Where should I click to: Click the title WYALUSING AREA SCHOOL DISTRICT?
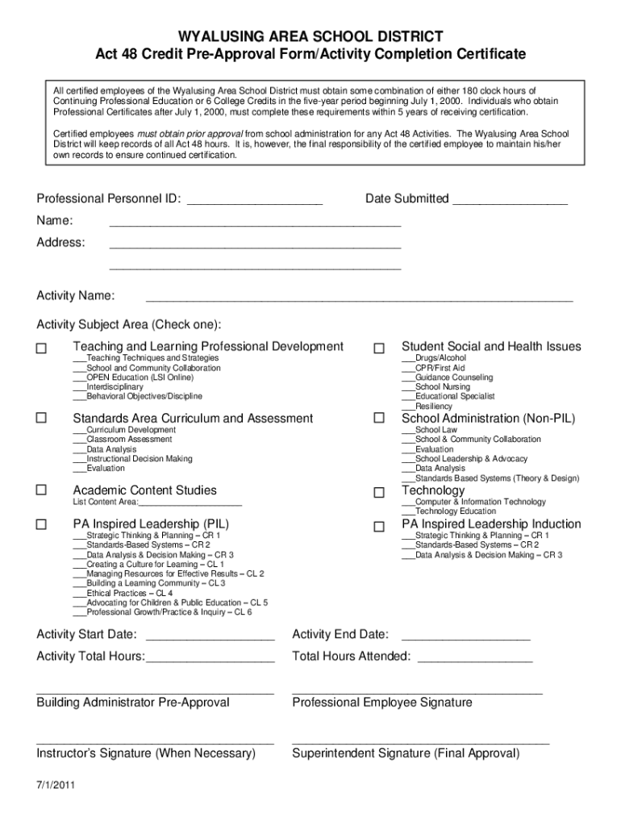[310, 36]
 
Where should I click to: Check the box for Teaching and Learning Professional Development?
[42, 348]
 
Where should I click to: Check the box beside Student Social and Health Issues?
[379, 348]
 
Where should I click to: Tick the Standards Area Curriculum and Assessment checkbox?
[42, 419]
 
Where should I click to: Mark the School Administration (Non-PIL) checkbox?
[379, 419]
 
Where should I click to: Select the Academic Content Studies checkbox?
[42, 490]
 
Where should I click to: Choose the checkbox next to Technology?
[379, 492]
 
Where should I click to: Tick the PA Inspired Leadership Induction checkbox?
[379, 527]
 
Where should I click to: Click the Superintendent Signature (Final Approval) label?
[406, 753]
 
